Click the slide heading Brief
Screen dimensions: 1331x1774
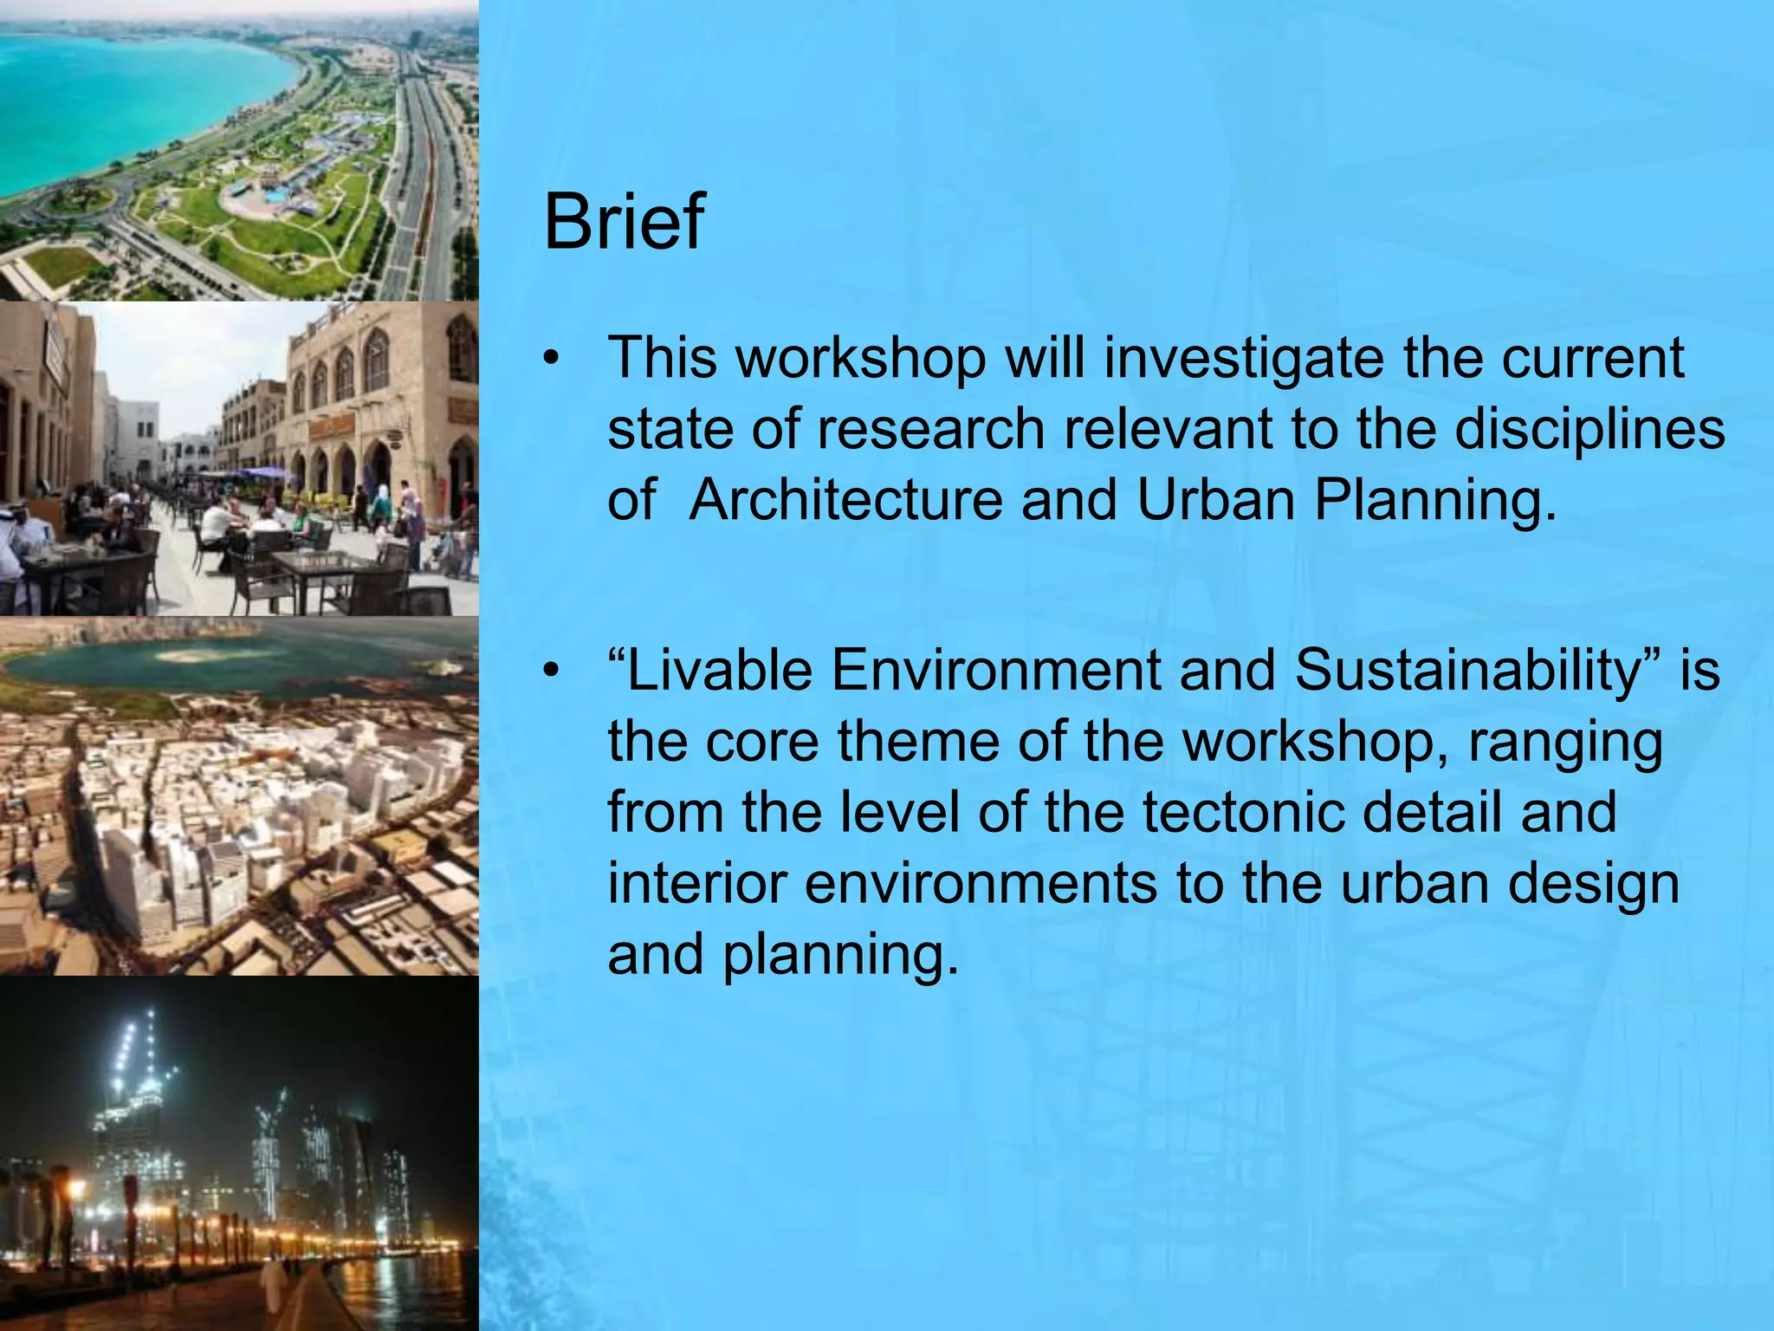pos(623,222)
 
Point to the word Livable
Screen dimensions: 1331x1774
pos(720,670)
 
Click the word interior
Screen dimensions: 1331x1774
pos(697,883)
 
